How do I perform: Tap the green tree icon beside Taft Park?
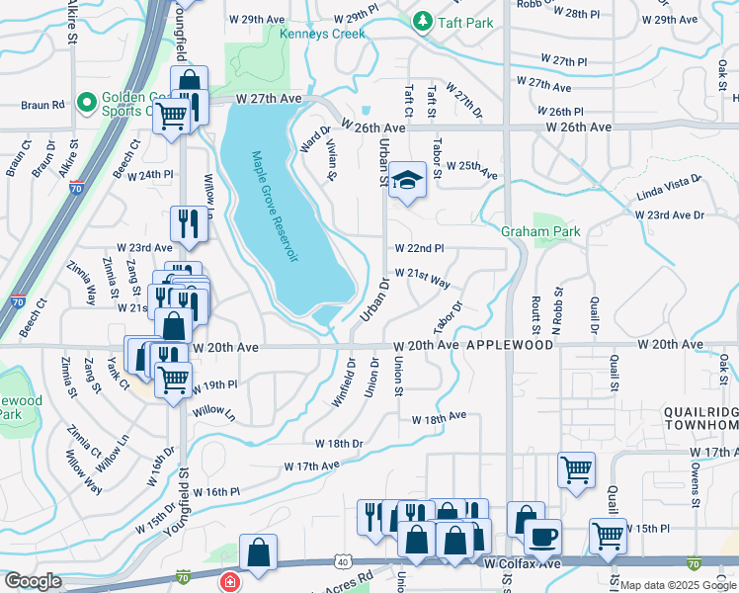click(422, 20)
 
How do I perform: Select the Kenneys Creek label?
click(322, 34)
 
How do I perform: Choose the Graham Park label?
click(539, 232)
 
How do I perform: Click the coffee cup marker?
click(541, 537)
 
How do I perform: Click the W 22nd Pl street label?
click(419, 248)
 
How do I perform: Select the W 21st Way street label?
click(422, 278)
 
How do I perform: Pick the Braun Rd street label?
click(43, 103)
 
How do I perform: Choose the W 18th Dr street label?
click(339, 444)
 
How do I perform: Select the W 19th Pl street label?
click(218, 383)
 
